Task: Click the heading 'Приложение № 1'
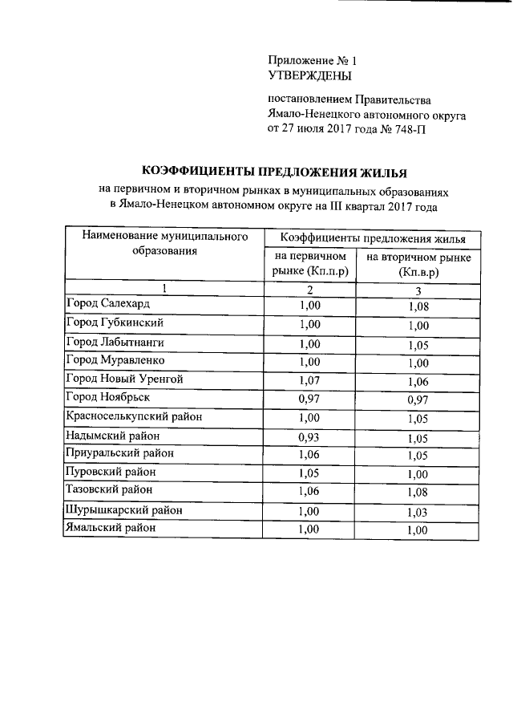pos(310,60)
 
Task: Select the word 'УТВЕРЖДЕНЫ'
pos(309,76)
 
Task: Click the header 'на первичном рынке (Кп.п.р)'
pos(309,264)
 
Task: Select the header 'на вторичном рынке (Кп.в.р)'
pos(418,265)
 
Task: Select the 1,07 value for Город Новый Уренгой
pos(309,379)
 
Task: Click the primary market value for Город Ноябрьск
pos(309,398)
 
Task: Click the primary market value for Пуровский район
pos(309,473)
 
